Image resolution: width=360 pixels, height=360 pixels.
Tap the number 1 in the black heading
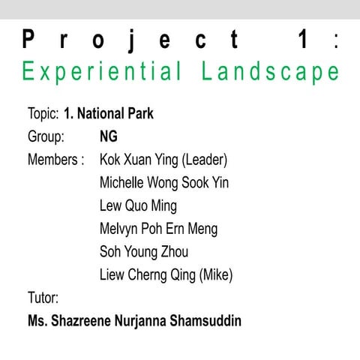[303, 40]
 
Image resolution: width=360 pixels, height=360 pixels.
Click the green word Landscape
[271, 72]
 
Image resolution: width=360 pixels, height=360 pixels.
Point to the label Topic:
[43, 114]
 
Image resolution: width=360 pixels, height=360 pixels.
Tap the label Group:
[46, 137]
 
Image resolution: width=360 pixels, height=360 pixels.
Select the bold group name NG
[109, 137]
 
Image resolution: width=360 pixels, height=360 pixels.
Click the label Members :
[55, 160]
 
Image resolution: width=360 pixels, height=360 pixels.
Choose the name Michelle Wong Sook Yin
[164, 183]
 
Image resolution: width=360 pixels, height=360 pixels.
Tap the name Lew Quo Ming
[138, 205]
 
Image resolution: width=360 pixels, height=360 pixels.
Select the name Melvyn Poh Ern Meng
[158, 229]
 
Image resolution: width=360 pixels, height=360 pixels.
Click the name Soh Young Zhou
[144, 251]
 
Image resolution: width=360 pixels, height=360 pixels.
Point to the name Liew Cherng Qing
[148, 275]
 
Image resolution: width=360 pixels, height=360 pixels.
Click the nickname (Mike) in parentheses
[217, 275]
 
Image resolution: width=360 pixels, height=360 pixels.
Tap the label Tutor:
[43, 298]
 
